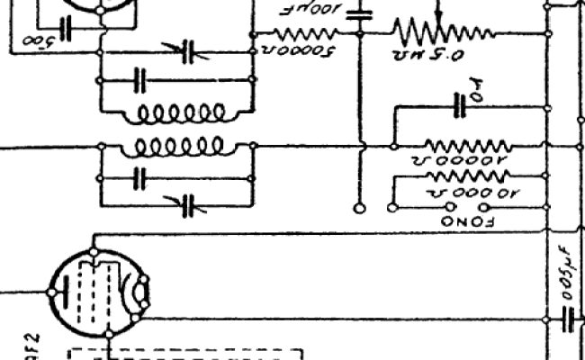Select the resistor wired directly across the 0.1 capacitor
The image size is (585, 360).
click(x=466, y=145)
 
